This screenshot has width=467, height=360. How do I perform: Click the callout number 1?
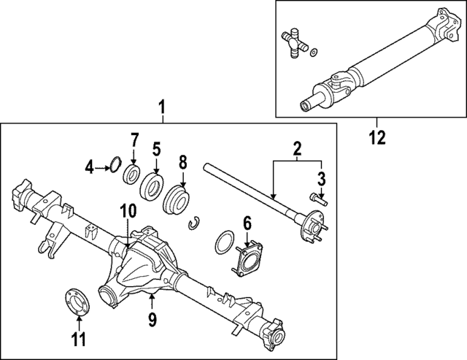pyautogui.click(x=163, y=110)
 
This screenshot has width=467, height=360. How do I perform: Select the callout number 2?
pyautogui.click(x=297, y=150)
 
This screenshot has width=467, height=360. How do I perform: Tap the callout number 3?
pyautogui.click(x=321, y=177)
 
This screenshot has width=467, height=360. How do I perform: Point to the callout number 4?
pyautogui.click(x=89, y=168)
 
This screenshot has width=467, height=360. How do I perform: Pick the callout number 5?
pyautogui.click(x=155, y=150)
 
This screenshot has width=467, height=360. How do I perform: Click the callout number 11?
pyautogui.click(x=78, y=339)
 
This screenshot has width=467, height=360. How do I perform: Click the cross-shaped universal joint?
pyautogui.click(x=293, y=45)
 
